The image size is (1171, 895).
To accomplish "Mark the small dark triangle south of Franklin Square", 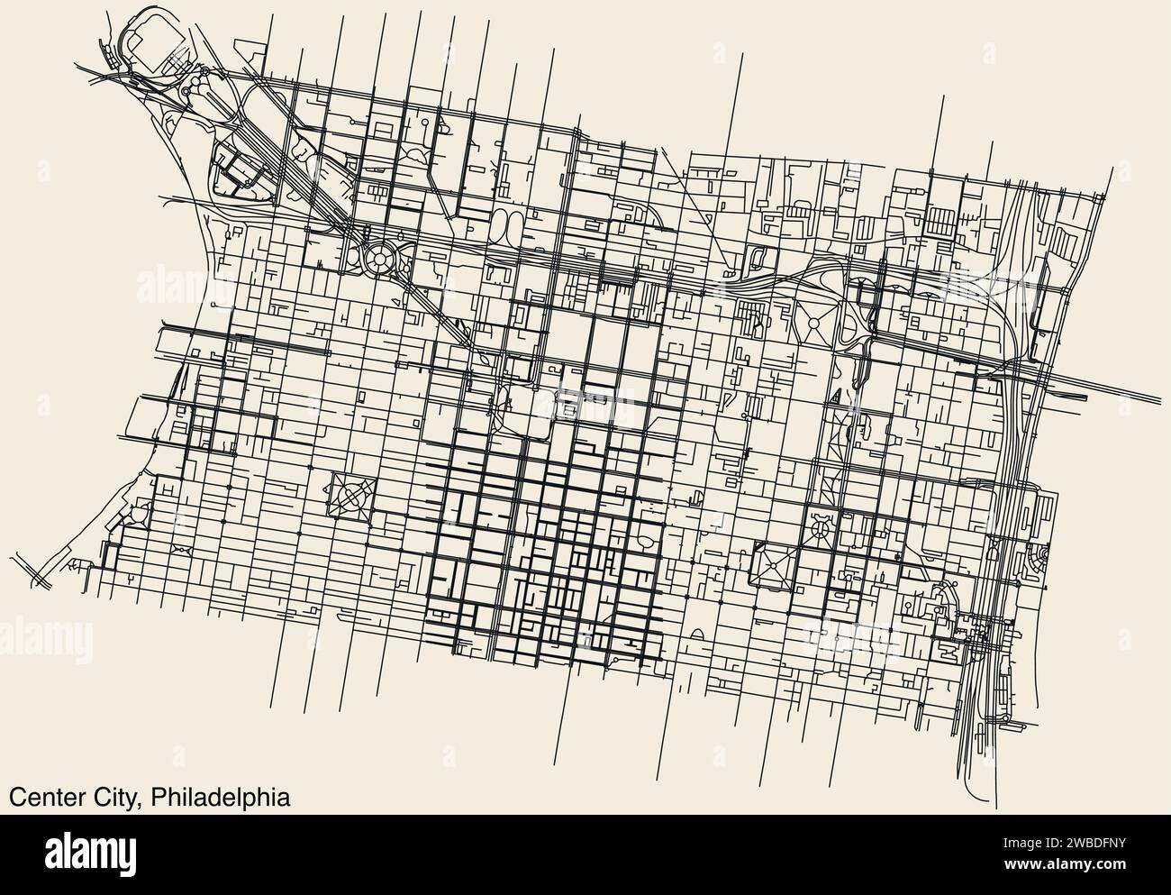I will (x=836, y=396).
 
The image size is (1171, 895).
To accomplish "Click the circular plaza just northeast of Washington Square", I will (x=821, y=524).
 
